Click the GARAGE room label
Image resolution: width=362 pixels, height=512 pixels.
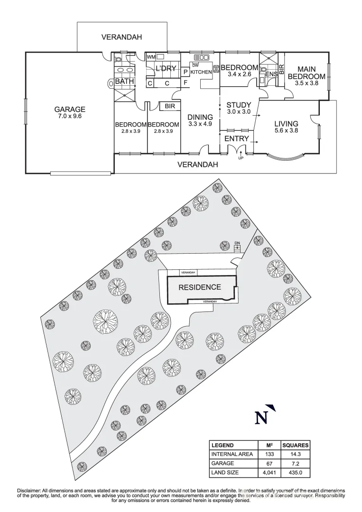coord(69,109)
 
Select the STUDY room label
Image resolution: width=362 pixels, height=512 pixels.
coord(238,105)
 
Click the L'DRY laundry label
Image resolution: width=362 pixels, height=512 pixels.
coord(166,69)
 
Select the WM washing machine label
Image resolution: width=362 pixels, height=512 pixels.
coord(151,57)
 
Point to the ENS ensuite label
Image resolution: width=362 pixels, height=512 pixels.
coord(271,74)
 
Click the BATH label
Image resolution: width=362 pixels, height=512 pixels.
coord(124,82)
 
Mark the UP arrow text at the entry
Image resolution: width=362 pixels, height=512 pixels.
coord(241,158)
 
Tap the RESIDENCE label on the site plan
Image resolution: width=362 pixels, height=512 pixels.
coord(199,287)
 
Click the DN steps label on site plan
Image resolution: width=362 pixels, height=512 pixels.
coord(237,243)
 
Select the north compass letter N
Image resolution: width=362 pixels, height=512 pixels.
coord(260,418)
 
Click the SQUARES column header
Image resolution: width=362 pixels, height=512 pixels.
coord(295,446)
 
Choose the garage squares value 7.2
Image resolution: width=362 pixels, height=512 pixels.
coord(295,463)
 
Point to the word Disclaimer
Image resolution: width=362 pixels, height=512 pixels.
coord(30,490)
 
